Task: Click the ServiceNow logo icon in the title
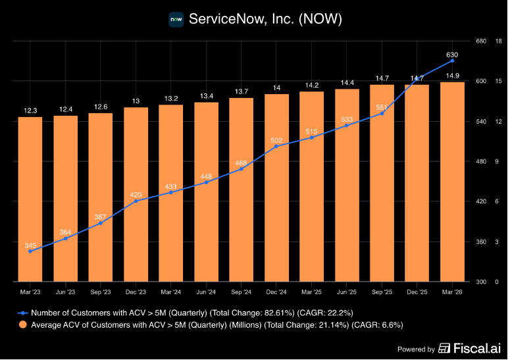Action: (176, 20)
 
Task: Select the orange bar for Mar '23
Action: (30, 199)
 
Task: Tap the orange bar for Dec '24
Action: (276, 188)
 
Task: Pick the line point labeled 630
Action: (452, 61)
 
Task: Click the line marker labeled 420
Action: (136, 201)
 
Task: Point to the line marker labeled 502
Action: (276, 147)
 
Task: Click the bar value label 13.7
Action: (241, 91)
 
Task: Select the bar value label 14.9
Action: (452, 76)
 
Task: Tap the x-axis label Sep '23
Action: (101, 292)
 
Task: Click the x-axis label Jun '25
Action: (347, 292)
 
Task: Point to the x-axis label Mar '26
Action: (452, 292)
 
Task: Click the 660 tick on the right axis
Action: (481, 41)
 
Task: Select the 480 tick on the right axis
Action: (481, 161)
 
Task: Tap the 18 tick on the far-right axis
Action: (499, 41)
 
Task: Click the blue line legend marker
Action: (22, 313)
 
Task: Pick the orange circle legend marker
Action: (22, 324)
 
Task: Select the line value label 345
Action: (30, 245)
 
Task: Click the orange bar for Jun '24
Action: (207, 192)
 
